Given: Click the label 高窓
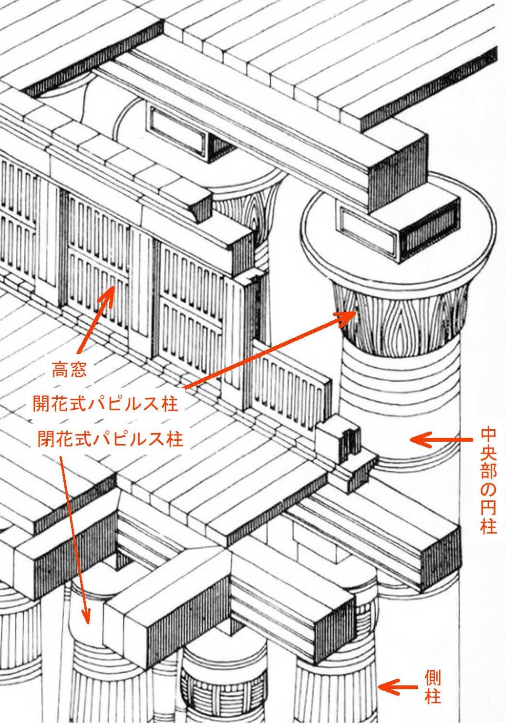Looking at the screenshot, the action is click(x=69, y=370).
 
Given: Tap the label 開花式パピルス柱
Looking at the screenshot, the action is click(x=105, y=404).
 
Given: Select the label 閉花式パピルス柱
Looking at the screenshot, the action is click(x=110, y=438).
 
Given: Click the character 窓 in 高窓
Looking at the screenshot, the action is click(x=78, y=370).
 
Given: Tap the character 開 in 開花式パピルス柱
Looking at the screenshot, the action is click(x=41, y=404).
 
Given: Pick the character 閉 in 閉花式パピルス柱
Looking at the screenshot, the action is click(x=46, y=438).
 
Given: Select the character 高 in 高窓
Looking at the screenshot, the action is click(x=61, y=370).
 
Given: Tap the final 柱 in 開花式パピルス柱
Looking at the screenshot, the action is click(x=170, y=404).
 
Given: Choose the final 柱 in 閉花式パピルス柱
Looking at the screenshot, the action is click(x=175, y=438).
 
